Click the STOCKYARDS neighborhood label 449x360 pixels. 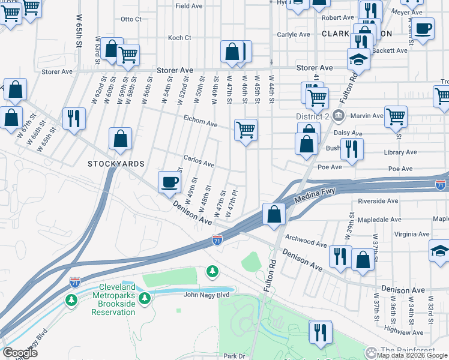point(116,164)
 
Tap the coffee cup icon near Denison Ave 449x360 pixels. point(169,181)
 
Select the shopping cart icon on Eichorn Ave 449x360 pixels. point(246,129)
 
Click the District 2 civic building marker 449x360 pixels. point(339,115)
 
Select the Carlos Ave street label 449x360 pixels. point(199,163)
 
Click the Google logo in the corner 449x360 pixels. point(20,353)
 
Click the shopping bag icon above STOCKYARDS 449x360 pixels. point(121,138)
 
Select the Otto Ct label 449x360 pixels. point(130,19)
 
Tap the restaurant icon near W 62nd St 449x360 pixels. point(74,118)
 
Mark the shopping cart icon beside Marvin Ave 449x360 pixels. point(396,116)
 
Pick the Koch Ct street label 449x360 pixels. point(179,38)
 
